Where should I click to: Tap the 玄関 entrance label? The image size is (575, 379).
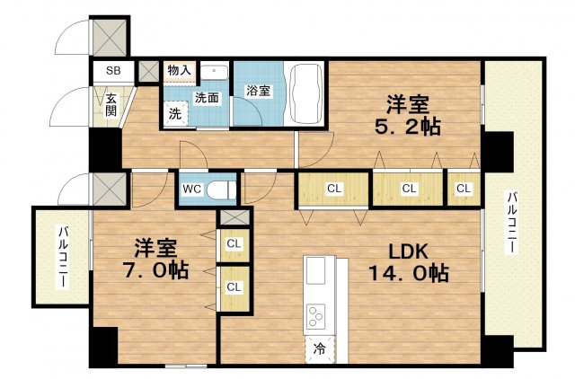[x=111, y=105]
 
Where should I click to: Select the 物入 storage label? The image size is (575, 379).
[x=179, y=70]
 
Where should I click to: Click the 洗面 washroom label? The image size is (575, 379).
[x=208, y=98]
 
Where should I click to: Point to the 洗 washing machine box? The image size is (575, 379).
[x=175, y=113]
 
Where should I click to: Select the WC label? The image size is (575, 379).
[x=192, y=189]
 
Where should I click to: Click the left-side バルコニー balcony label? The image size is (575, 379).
[x=63, y=256]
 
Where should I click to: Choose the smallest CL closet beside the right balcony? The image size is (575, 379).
[x=463, y=189]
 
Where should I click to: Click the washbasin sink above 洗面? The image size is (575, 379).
[x=214, y=71]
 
